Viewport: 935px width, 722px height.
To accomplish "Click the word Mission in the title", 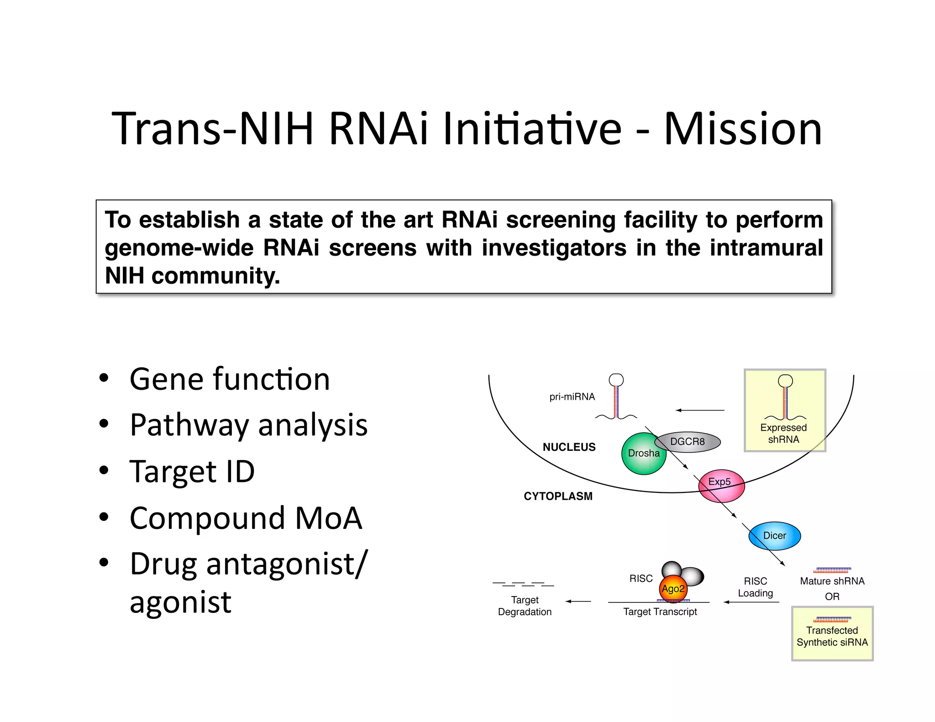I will [743, 129].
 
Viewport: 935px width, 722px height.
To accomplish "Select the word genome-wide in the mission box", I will [179, 248].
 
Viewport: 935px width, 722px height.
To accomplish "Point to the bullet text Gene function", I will [230, 379].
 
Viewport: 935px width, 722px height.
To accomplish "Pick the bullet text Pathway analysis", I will [248, 425].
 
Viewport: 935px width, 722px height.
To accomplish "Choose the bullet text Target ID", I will [192, 471].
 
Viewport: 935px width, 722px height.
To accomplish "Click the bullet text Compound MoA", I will [246, 518].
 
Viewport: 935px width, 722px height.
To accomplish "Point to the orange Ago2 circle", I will [673, 589].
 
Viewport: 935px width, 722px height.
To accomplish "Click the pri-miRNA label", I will [572, 397].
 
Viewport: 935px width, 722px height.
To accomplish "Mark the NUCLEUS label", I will [569, 447].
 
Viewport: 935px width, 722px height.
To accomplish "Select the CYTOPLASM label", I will [558, 496].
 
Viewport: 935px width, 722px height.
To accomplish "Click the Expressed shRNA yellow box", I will [784, 411].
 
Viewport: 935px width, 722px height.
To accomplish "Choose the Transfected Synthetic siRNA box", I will [832, 633].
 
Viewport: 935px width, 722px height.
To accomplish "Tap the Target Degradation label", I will [525, 606].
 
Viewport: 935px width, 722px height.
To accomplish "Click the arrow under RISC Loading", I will [751, 602].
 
